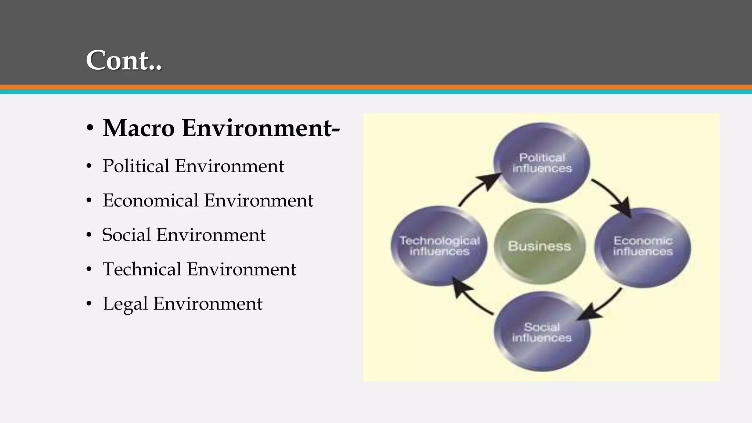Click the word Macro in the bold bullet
tap(138, 128)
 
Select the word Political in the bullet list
tap(135, 166)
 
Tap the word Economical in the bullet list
tap(150, 200)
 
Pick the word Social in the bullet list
tap(126, 235)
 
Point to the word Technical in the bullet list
tap(142, 269)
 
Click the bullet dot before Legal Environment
tap(89, 304)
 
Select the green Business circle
tap(539, 246)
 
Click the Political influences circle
tap(542, 163)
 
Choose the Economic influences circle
tap(643, 247)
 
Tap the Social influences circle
tap(542, 332)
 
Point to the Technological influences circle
tap(439, 246)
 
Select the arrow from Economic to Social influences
tap(602, 305)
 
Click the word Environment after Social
tap(211, 235)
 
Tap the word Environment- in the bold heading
tap(261, 128)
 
